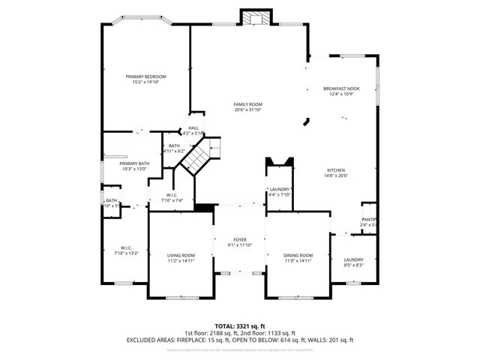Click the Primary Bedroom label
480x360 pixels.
click(145, 76)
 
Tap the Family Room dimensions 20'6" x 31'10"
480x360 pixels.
click(247, 110)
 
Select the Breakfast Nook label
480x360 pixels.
click(341, 88)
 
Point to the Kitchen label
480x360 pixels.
click(337, 169)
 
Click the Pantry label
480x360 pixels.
click(369, 219)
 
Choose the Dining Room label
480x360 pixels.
click(298, 255)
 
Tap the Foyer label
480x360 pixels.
click(239, 240)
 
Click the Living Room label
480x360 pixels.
click(181, 255)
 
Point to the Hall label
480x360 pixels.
click(193, 128)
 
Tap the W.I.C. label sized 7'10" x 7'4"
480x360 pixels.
click(172, 195)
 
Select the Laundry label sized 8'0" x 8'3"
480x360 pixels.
click(353, 259)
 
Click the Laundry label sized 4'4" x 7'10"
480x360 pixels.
click(280, 189)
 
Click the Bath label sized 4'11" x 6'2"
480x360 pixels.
click(174, 145)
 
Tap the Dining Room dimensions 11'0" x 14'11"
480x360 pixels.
click(298, 261)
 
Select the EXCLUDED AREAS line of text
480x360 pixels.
click(240, 340)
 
